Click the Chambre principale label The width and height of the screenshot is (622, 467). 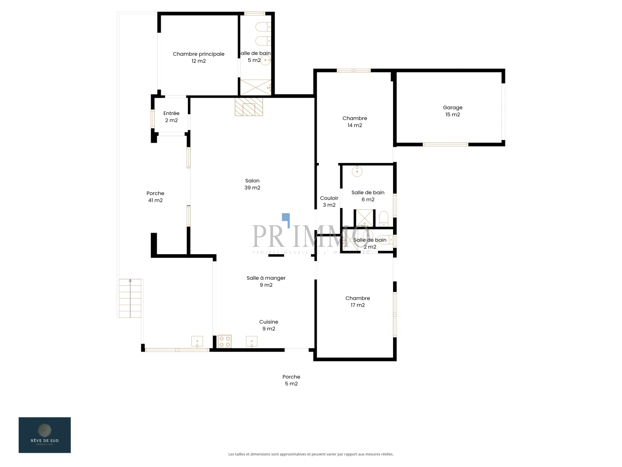click(x=199, y=57)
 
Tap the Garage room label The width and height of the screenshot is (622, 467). click(x=452, y=111)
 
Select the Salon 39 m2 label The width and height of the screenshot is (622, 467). click(x=252, y=184)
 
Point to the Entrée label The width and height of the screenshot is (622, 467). click(x=171, y=117)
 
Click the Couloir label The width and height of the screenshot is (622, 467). click(x=329, y=202)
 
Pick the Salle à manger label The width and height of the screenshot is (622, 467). click(x=266, y=281)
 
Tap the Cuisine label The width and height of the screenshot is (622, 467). click(x=269, y=325)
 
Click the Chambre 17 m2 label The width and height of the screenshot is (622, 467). click(x=358, y=301)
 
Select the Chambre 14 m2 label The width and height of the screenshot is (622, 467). click(x=355, y=122)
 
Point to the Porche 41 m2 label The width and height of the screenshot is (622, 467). click(x=155, y=197)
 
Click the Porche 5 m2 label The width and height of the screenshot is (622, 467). click(x=291, y=380)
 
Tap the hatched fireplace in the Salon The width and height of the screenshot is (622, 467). click(x=249, y=107)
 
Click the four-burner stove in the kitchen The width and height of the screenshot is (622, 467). click(x=224, y=342)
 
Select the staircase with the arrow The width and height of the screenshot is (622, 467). click(x=130, y=298)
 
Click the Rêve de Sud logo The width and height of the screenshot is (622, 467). click(x=44, y=435)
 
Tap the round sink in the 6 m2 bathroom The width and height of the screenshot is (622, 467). click(x=357, y=172)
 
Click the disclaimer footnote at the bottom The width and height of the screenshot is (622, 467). click(x=311, y=454)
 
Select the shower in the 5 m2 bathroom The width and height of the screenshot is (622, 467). click(x=256, y=87)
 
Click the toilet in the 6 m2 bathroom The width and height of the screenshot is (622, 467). click(x=384, y=218)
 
